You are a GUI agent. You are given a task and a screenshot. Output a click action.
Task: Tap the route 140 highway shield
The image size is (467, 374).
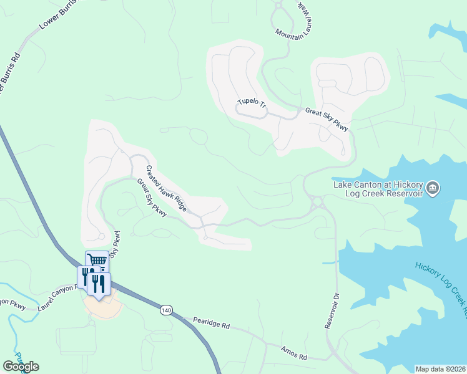(x=165, y=310)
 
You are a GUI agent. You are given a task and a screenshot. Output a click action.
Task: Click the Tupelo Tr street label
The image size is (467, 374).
(x=252, y=103)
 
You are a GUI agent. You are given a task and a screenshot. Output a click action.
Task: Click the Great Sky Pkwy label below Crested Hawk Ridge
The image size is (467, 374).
(x=152, y=198)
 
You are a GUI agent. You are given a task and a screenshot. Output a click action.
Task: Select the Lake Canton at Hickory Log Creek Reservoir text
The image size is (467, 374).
(x=378, y=188)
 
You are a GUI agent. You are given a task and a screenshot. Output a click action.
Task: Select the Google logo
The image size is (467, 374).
(x=21, y=367)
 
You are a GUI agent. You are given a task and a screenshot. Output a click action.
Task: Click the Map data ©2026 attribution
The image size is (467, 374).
(x=441, y=369)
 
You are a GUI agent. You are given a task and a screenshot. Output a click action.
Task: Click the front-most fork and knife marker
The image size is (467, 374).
(x=99, y=284)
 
